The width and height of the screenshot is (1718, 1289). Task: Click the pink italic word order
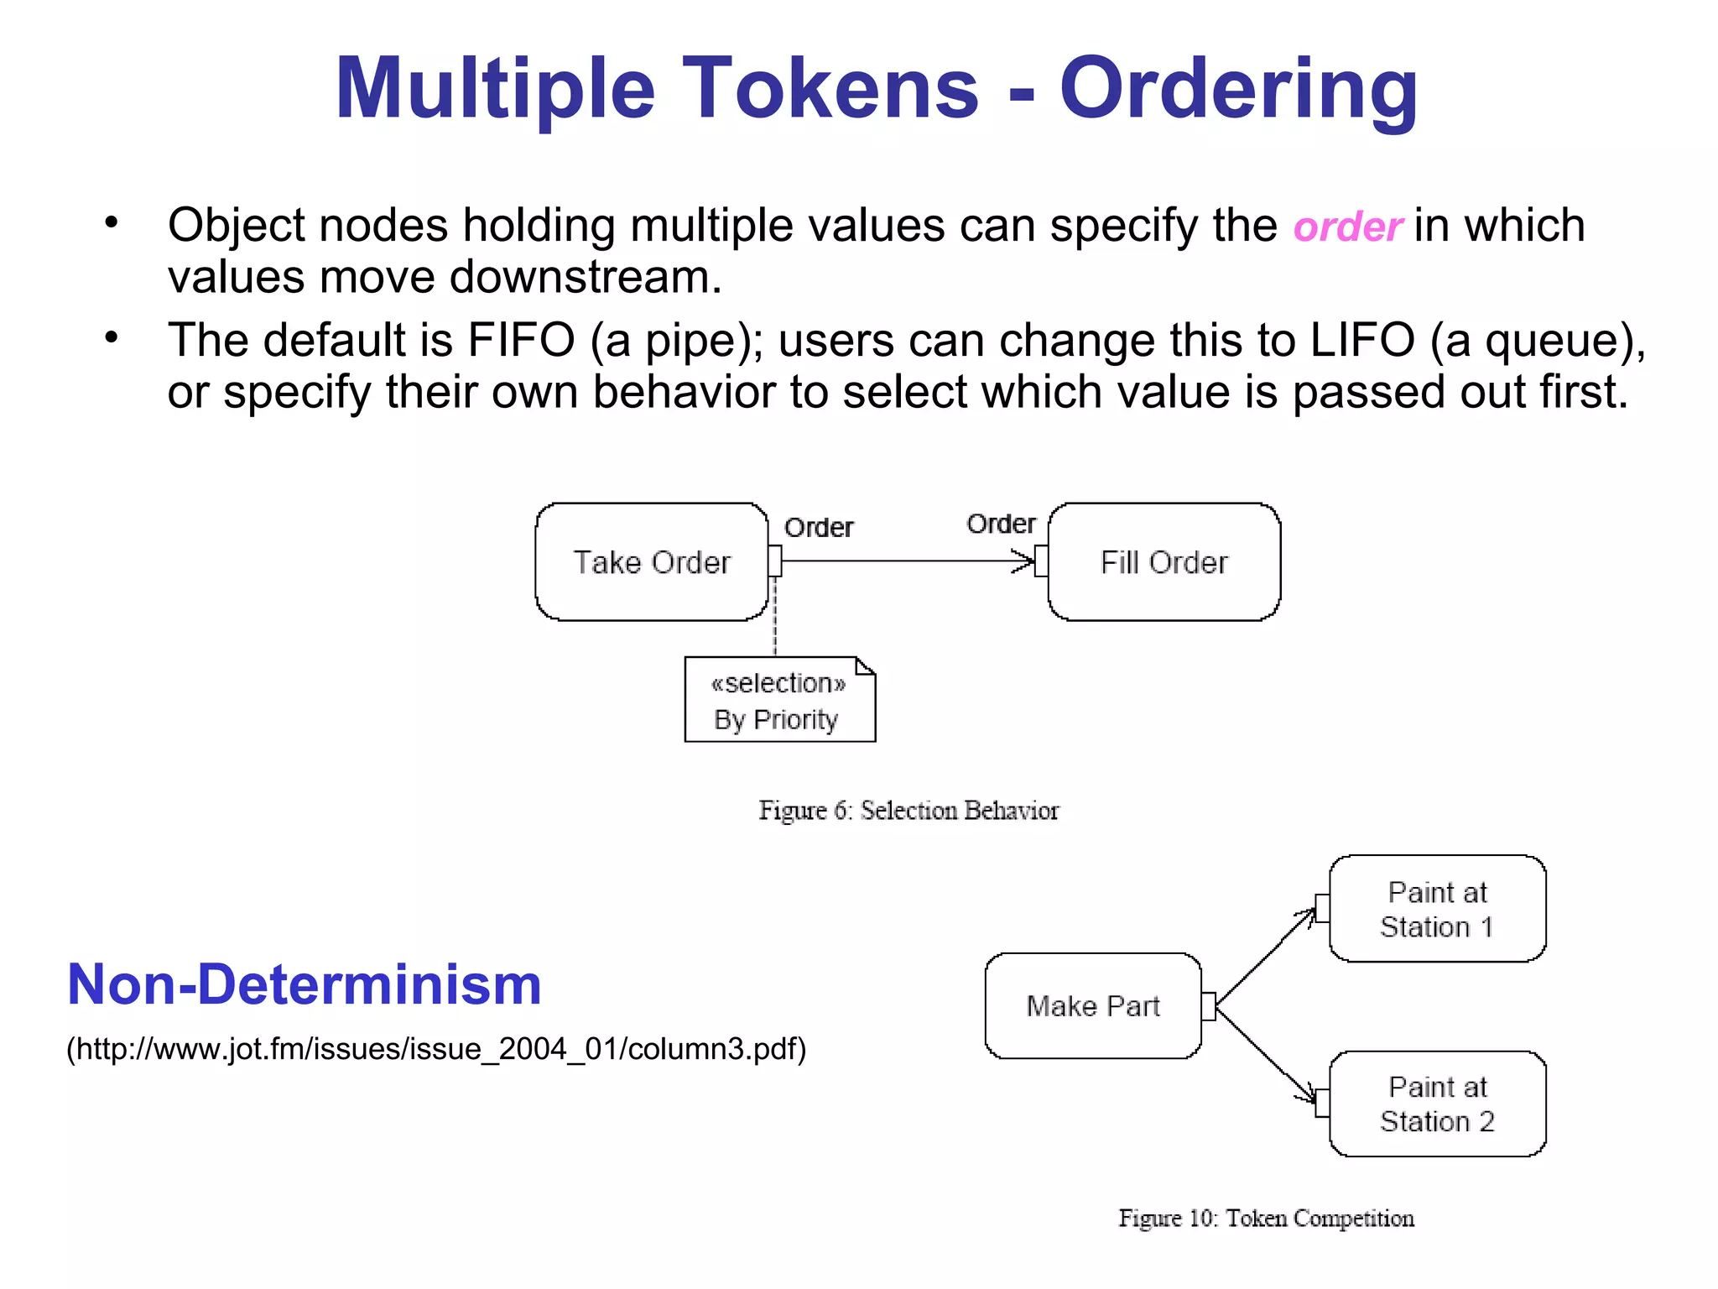click(x=1347, y=227)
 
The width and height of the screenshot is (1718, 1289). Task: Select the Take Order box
click(x=652, y=562)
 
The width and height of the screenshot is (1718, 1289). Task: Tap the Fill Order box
click(x=1164, y=562)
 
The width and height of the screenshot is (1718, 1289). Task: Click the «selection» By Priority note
click(x=779, y=701)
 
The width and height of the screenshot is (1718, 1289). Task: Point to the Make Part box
click(x=1093, y=1005)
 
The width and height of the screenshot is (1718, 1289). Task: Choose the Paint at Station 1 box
click(x=1437, y=909)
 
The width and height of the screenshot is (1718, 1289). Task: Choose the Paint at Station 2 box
click(x=1437, y=1104)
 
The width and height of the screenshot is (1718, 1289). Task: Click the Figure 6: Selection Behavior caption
click(x=908, y=811)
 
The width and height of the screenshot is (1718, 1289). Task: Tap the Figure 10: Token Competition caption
click(x=1266, y=1218)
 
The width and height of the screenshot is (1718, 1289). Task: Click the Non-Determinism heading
click(x=304, y=984)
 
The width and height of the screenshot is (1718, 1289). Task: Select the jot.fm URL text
click(x=436, y=1049)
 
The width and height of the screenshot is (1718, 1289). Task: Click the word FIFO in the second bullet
click(x=521, y=341)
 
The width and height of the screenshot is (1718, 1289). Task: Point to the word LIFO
click(x=1361, y=341)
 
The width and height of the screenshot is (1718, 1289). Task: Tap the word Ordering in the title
click(x=1238, y=89)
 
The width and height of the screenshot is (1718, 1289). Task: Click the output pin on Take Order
click(x=775, y=561)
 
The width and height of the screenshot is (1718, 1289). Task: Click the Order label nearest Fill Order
click(x=1001, y=524)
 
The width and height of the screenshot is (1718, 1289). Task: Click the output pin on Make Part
click(x=1208, y=1006)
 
